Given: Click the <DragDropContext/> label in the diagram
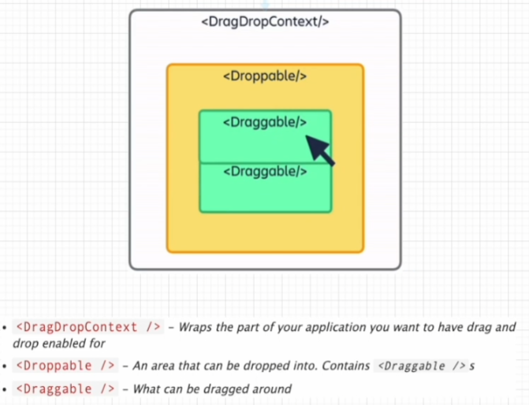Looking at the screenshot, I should (x=265, y=21).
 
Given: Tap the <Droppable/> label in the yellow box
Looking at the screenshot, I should (x=265, y=76).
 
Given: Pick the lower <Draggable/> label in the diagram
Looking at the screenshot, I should (x=265, y=171).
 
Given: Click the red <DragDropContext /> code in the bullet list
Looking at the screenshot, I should (x=88, y=327).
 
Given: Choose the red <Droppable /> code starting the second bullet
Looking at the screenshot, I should (x=66, y=366).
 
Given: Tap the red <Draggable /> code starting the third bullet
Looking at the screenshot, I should (x=66, y=388).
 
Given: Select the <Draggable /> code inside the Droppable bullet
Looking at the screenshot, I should (x=419, y=366).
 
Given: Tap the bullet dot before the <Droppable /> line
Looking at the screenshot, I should (x=5, y=366).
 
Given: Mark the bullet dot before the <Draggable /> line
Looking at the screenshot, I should (x=5, y=389).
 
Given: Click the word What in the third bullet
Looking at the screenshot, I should (x=148, y=388).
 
